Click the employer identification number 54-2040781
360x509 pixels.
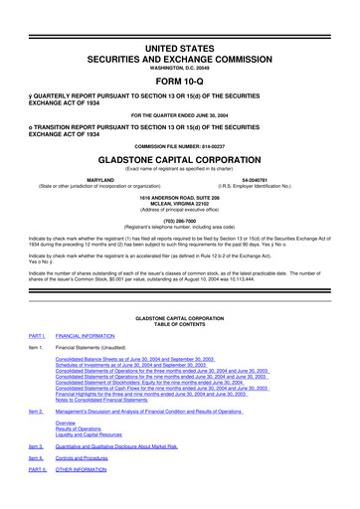(x=269, y=181)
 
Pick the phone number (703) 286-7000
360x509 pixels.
(x=179, y=223)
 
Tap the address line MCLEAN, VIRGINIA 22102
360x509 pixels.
(x=179, y=204)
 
